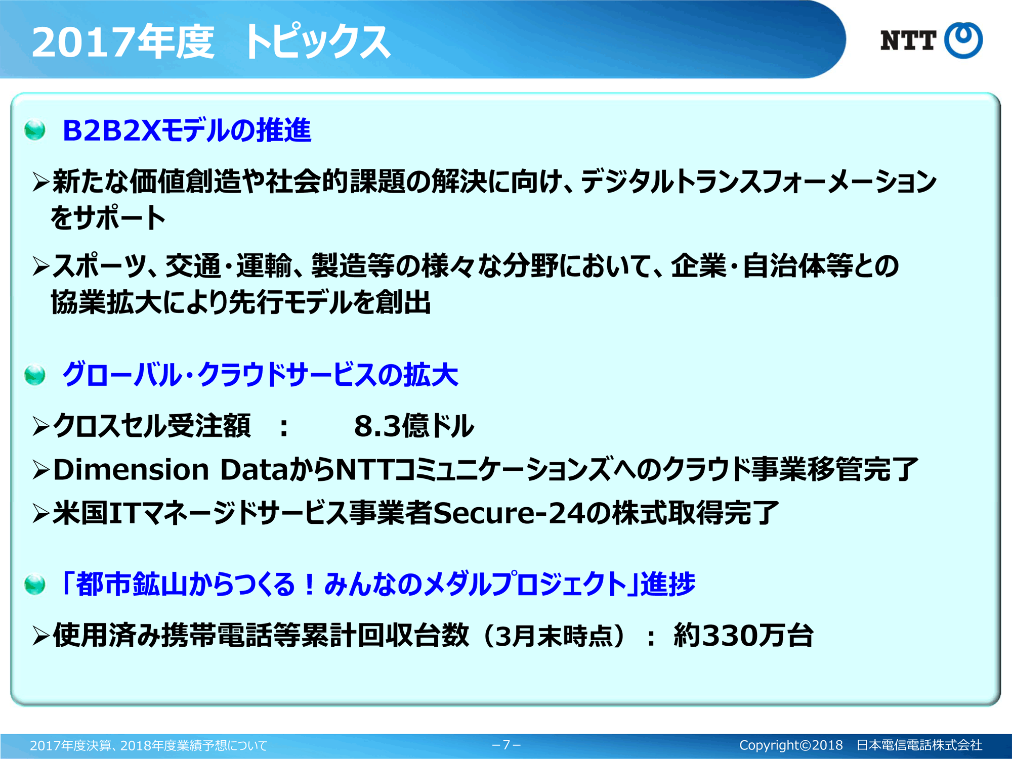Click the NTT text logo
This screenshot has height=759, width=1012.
tap(908, 40)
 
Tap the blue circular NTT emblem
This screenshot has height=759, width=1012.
tap(963, 40)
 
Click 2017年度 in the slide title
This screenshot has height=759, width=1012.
tap(123, 41)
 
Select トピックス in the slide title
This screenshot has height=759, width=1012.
tap(316, 41)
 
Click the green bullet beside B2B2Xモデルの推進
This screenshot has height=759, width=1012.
tap(34, 130)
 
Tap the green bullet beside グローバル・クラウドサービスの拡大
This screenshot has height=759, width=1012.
tap(34, 375)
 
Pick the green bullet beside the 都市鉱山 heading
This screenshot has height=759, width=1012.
tap(34, 585)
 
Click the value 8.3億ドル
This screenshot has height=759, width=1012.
tap(414, 426)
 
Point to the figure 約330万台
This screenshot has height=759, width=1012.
tap(743, 635)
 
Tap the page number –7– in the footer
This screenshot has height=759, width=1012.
tap(506, 745)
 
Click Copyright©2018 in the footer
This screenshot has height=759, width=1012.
tap(791, 745)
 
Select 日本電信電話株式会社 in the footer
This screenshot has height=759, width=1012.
tap(919, 745)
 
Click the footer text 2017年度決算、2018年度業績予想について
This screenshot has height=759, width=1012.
tap(148, 745)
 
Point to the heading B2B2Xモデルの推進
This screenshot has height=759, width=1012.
tap(187, 130)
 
